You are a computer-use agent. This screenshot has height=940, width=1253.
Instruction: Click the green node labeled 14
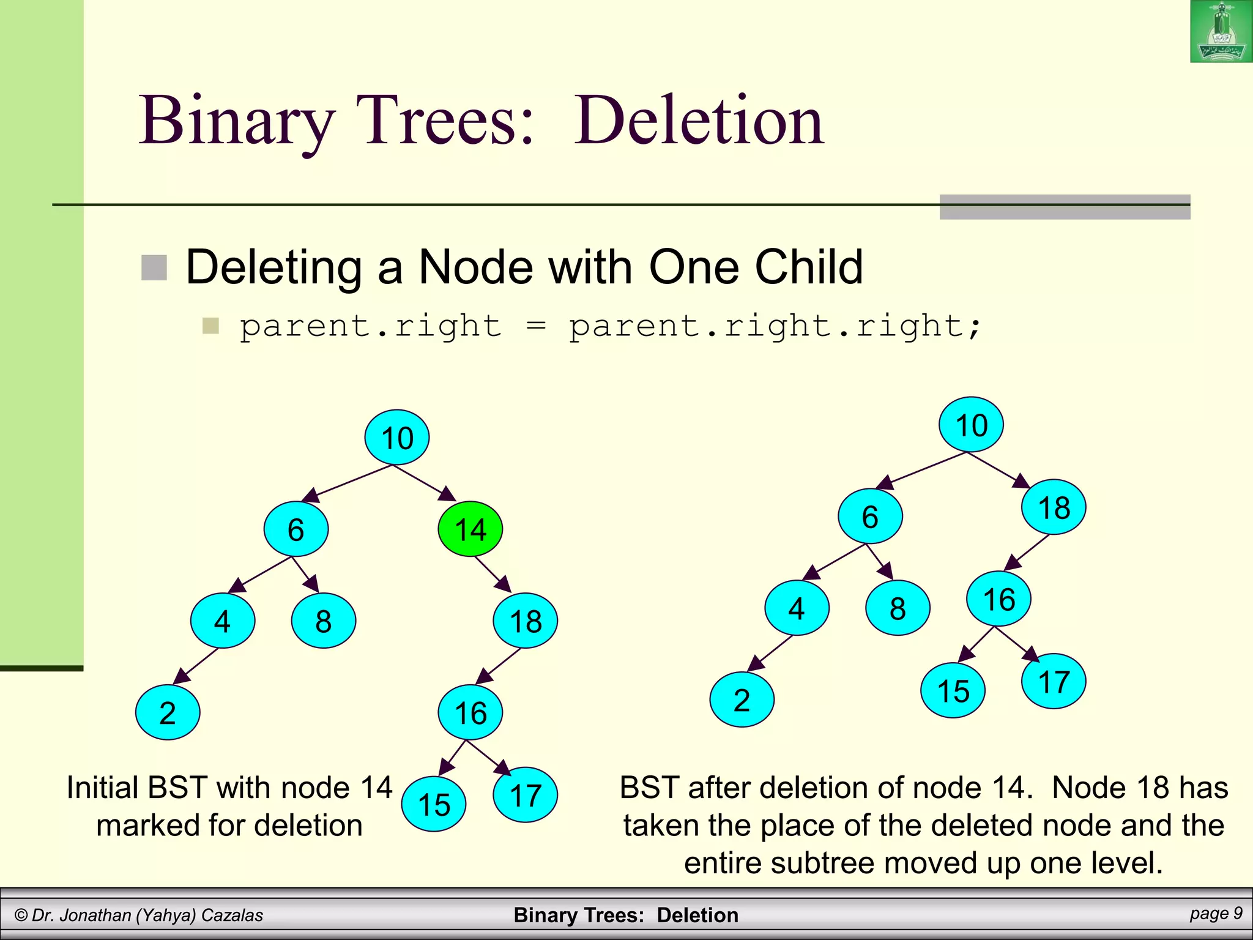coord(470,529)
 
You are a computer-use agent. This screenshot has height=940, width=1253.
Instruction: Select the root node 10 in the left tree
coord(397,438)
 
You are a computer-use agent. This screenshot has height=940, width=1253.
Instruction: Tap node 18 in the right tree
coord(1054,507)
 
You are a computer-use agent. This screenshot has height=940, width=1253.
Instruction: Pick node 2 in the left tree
coord(168,712)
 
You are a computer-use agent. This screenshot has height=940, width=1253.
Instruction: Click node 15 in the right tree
coord(953,691)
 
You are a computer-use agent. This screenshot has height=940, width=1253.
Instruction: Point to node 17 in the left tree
coord(525,795)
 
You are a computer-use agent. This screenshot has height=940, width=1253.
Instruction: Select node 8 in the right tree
coord(898,608)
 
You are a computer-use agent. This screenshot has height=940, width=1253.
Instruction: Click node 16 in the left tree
coord(470,712)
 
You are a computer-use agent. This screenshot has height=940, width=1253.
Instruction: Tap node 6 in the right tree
coord(870,517)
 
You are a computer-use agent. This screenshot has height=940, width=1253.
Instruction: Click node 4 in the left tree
coord(223,621)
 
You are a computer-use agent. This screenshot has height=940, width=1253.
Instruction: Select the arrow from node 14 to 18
coord(493,574)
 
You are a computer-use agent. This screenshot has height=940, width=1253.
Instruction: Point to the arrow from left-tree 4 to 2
coord(196,666)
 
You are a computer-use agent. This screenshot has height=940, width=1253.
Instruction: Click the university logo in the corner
coord(1221,32)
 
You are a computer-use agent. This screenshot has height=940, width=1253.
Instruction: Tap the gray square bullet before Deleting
coord(154,268)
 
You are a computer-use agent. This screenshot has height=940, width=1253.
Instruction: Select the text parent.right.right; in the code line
coord(775,326)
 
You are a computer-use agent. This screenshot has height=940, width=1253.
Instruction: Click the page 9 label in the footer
coord(1216,913)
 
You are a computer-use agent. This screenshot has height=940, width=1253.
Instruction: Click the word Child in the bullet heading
coord(808,267)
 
